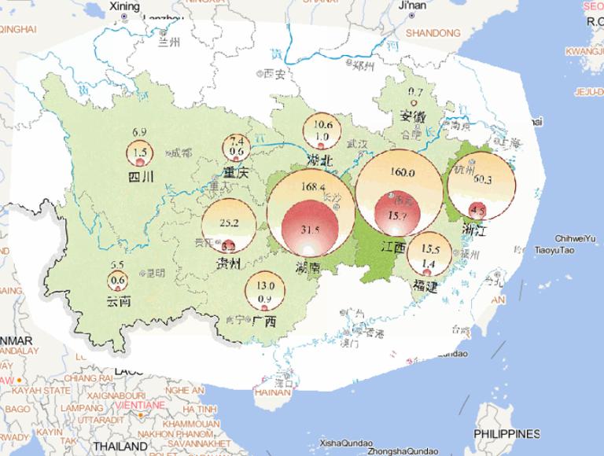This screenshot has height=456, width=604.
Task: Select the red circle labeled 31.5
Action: (310, 229)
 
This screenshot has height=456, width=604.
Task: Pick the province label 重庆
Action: (236, 171)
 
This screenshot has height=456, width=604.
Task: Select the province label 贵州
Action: (227, 262)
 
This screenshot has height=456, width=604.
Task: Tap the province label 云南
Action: (120, 301)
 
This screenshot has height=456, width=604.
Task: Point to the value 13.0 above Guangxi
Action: (266, 285)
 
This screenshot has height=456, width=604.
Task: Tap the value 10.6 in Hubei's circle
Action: (322, 124)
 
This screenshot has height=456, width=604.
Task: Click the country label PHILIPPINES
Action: (506, 433)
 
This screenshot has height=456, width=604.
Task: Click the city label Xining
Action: (123, 6)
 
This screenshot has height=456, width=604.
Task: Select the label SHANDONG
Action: (433, 33)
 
